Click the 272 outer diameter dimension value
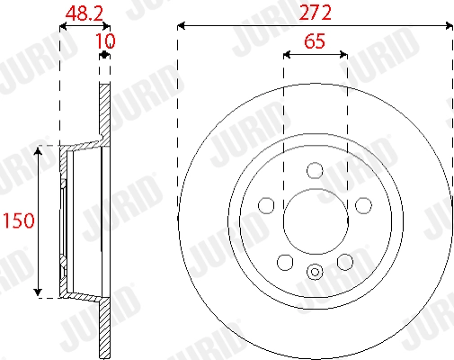pyautogui.click(x=315, y=13)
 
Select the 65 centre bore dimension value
pyautogui.click(x=315, y=41)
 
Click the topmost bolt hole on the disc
pyautogui.click(x=315, y=169)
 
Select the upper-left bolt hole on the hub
pyautogui.click(x=267, y=205)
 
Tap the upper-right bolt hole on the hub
pyautogui.click(x=362, y=205)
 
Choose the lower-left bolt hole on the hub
pyautogui.click(x=285, y=262)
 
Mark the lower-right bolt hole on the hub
pyautogui.click(x=344, y=262)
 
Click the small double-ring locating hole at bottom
pyautogui.click(x=315, y=273)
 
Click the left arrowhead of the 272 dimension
pyautogui.click(x=182, y=27)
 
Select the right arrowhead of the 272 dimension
pyautogui.click(x=448, y=27)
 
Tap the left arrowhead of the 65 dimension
pyautogui.click(x=287, y=55)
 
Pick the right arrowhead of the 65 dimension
pyautogui.click(x=343, y=55)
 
